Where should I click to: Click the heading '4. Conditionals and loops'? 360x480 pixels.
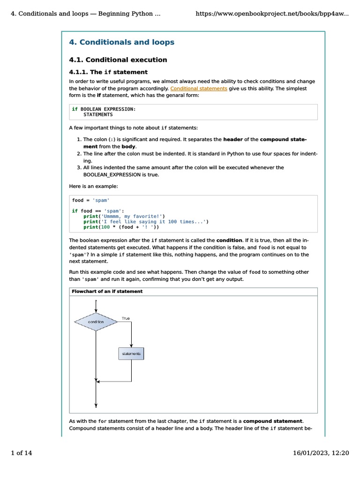coord(121,42)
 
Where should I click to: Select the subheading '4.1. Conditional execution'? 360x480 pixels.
coord(118,60)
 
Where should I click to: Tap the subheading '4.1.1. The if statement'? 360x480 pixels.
coord(108,72)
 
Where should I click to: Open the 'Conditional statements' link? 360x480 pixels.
coord(199,88)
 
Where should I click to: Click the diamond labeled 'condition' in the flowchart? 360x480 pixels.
coord(96,322)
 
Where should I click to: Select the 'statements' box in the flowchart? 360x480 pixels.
coord(131,354)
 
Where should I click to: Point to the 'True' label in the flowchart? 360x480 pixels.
coord(126,318)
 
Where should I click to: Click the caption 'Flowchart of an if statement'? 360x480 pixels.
coord(107,292)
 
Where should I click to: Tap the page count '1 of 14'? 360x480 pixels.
coord(21,453)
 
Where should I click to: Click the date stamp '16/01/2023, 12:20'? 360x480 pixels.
coord(321,453)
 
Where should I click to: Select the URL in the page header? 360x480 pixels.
coord(272,14)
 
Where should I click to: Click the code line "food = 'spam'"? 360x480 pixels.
coord(90,200)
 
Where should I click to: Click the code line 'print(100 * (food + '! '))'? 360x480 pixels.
coord(121,227)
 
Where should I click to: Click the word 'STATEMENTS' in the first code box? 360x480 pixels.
coord(98,114)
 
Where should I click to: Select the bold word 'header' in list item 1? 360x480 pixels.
coord(232,139)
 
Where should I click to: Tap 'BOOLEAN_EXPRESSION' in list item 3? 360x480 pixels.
coord(114,175)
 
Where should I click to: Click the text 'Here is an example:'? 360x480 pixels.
coord(93,186)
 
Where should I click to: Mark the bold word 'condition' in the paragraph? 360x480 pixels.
coord(229,240)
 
